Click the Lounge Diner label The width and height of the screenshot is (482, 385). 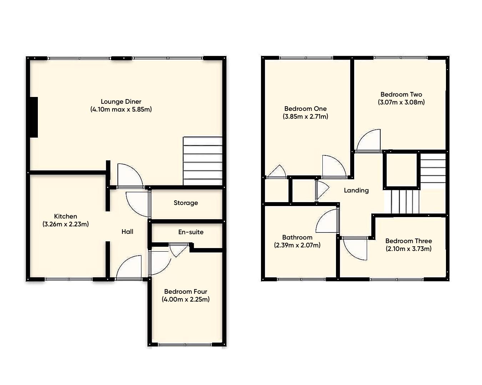pos(121,102)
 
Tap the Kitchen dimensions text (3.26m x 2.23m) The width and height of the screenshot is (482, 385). pos(66,224)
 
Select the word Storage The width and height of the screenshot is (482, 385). pos(186,203)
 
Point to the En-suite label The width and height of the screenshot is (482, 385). pos(191,232)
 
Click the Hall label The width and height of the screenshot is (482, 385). pos(127,232)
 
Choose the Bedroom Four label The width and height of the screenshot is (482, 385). pos(186,292)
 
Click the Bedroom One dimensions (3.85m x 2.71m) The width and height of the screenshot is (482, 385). pos(306,117)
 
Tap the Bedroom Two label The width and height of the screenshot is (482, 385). pos(401,94)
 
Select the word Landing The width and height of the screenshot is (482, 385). pos(356,190)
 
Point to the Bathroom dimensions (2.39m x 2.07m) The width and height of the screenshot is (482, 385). pos(297,245)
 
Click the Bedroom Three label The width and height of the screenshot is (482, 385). pos(408,241)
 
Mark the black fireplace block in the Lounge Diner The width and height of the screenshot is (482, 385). pos(34,117)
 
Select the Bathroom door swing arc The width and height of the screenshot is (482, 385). pos(327,221)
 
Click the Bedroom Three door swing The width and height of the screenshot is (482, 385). pos(355,248)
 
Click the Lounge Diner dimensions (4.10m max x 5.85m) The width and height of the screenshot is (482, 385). pos(121,109)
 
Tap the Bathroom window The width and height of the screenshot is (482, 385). pos(301,279)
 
